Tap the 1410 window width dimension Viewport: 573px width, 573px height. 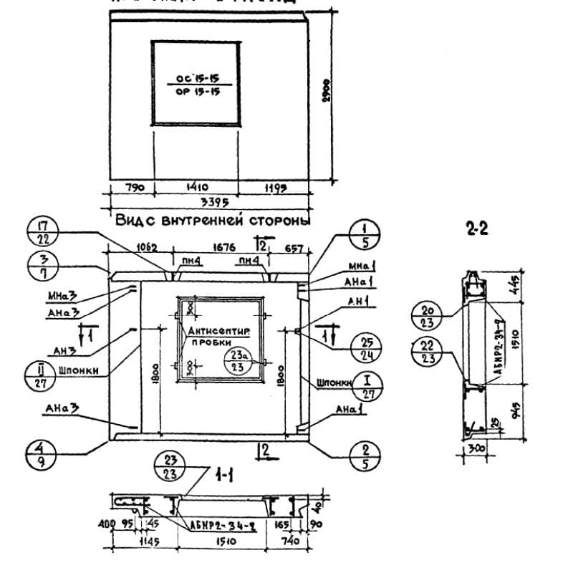(x=195, y=187)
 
